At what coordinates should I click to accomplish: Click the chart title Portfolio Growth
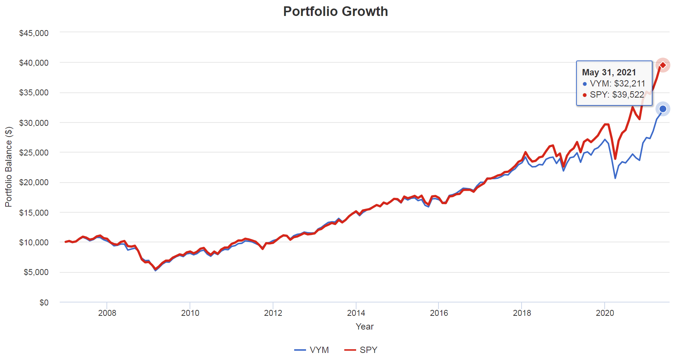point(335,12)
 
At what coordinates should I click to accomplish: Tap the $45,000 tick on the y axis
point(34,33)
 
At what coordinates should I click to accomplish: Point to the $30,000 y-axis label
point(34,123)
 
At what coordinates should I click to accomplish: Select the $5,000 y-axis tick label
point(36,272)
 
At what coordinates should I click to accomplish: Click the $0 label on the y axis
point(44,302)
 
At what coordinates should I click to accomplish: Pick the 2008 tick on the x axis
point(107,313)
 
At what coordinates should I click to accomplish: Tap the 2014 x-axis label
point(356,313)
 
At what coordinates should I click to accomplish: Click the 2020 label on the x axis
point(605,313)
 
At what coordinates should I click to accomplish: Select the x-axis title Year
point(364,327)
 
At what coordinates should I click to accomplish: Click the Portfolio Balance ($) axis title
point(9,167)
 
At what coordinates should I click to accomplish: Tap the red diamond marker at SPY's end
point(663,65)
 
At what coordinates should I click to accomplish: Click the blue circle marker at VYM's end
point(663,109)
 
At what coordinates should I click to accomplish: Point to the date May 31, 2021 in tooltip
point(609,72)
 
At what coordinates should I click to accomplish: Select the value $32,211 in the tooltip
point(630,84)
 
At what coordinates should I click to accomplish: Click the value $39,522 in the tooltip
point(628,95)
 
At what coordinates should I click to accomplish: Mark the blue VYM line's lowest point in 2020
point(615,178)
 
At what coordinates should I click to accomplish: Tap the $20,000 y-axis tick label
point(34,183)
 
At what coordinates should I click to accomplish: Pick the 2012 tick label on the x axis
point(273,313)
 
